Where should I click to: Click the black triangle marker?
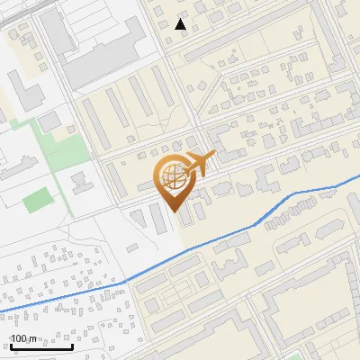(x=181, y=24)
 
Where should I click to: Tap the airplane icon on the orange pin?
(x=200, y=165)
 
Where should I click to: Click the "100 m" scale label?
(x=24, y=338)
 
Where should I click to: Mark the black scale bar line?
(x=41, y=346)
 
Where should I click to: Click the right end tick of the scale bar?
(x=73, y=345)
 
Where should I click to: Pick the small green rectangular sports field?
(x=37, y=200)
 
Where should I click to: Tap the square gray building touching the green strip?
(x=49, y=121)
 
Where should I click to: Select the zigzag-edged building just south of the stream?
(x=230, y=260)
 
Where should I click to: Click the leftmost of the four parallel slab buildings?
(x=115, y=106)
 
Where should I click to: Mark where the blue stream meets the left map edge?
(x=1, y=311)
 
